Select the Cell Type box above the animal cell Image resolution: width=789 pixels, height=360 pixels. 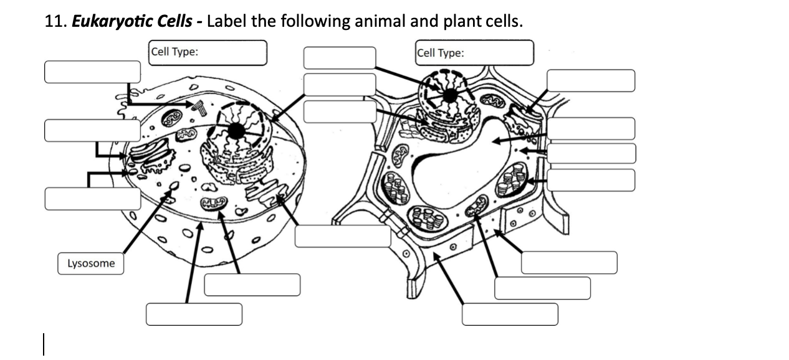208,52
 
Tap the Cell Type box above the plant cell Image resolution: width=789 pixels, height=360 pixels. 474,53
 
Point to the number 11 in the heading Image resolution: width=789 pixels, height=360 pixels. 53,22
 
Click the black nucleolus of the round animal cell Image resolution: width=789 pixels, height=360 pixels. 236,131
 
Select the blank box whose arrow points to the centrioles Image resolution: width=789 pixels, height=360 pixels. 92,72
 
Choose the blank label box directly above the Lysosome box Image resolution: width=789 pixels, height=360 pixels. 92,198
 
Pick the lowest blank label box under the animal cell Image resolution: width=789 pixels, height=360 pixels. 194,314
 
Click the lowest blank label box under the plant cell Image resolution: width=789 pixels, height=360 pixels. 509,314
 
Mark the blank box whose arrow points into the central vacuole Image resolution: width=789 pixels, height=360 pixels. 590,128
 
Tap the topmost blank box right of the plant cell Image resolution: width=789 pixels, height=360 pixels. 590,80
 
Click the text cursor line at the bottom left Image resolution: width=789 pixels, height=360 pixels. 44,344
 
